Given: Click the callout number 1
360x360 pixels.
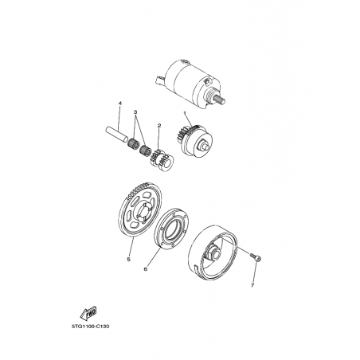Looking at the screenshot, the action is [185, 113].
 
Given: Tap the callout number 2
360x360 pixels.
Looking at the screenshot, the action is [159, 125].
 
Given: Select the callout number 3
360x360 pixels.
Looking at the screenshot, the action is [135, 112].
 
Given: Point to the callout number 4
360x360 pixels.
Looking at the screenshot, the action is [119, 103].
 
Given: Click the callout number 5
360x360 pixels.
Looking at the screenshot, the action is [128, 259].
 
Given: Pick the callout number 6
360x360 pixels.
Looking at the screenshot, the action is [145, 269].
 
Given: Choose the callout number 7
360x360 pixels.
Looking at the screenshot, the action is [252, 285].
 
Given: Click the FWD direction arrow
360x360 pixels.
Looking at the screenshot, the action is [88, 313].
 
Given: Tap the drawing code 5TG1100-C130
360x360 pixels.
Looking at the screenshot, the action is [90, 327].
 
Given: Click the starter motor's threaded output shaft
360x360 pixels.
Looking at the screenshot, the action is [219, 100].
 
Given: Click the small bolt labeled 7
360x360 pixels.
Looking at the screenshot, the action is [256, 256].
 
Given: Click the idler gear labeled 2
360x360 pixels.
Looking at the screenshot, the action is [162, 160].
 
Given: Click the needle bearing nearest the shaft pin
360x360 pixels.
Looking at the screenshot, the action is [134, 143].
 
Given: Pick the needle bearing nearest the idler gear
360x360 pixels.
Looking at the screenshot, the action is [146, 151].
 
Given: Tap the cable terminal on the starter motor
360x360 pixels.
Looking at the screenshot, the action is [160, 80].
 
